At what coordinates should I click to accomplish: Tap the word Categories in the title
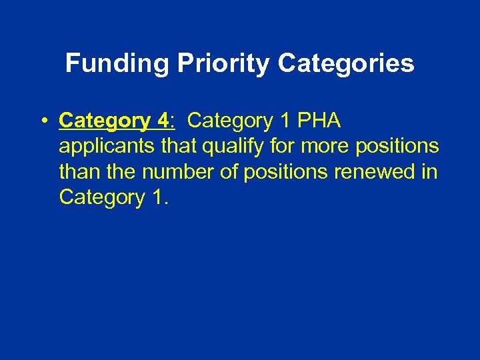click(346, 64)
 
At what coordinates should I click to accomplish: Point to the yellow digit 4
click(163, 121)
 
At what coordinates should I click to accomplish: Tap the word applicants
click(108, 147)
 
